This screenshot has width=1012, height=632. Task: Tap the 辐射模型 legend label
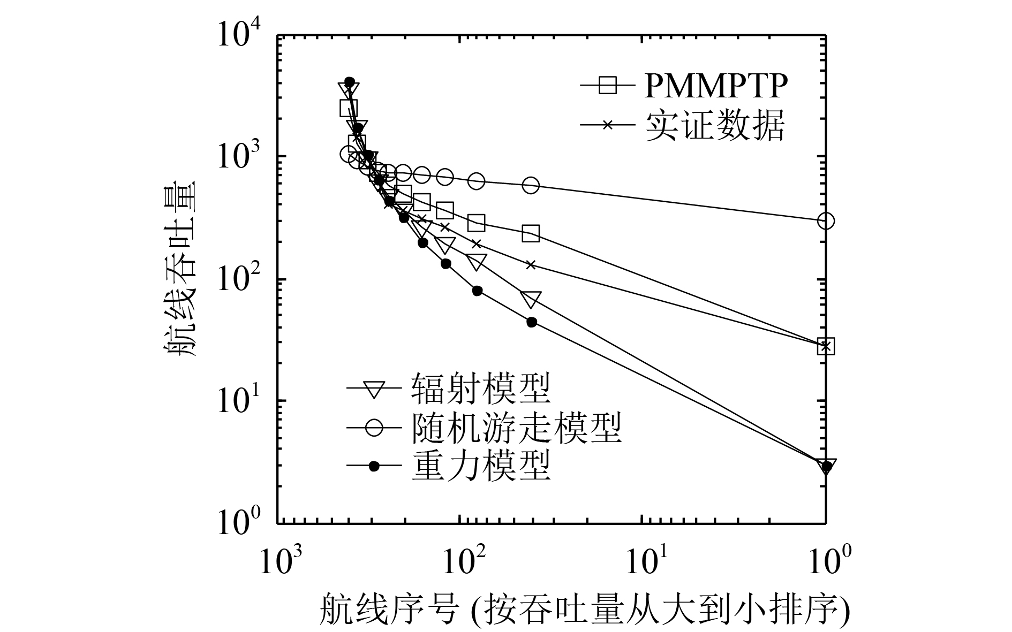click(x=481, y=388)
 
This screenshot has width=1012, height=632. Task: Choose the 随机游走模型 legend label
click(x=517, y=427)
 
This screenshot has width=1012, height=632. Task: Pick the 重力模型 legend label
click(x=481, y=466)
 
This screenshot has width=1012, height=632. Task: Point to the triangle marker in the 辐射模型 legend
click(x=374, y=389)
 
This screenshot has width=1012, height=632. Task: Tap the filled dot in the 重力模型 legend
click(x=374, y=466)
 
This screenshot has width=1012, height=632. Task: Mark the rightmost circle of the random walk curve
click(x=826, y=220)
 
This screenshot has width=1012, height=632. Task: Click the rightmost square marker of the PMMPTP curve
click(x=826, y=346)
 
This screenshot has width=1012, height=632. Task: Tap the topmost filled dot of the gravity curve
click(x=350, y=82)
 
